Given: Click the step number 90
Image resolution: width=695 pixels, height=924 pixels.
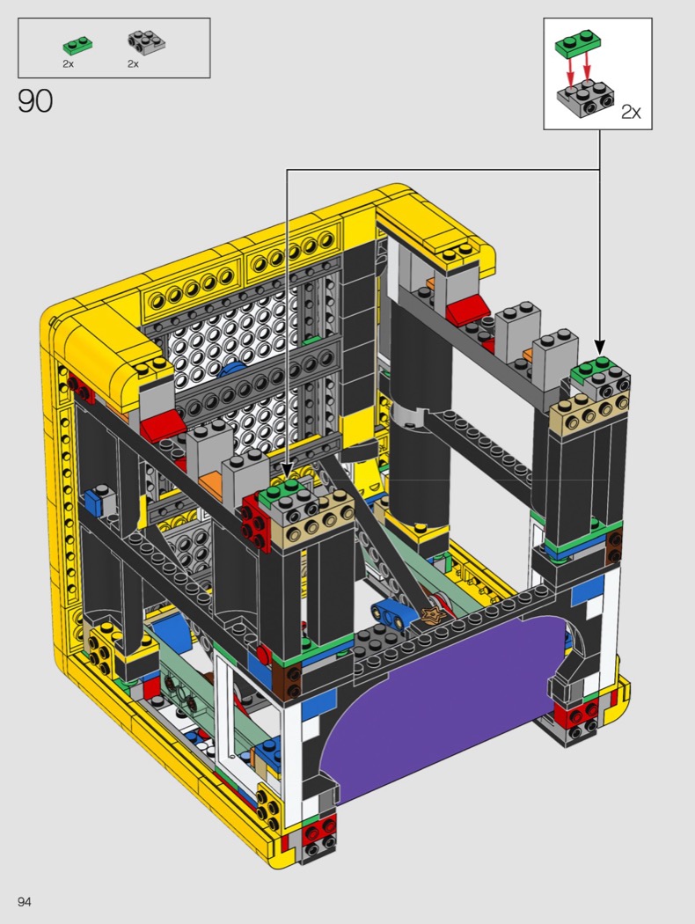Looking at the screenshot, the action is coord(35,101).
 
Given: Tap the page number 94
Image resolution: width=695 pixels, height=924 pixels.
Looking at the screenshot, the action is coord(24,902).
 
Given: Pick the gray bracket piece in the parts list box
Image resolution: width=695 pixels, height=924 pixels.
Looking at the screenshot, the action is coord(146,42).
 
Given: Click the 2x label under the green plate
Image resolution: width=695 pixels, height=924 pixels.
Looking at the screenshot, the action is coord(69,63).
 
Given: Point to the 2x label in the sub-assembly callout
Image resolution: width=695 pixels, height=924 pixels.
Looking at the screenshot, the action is coord(631,112).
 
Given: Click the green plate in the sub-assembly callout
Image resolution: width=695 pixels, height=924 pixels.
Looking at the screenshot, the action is coord(578,44).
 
